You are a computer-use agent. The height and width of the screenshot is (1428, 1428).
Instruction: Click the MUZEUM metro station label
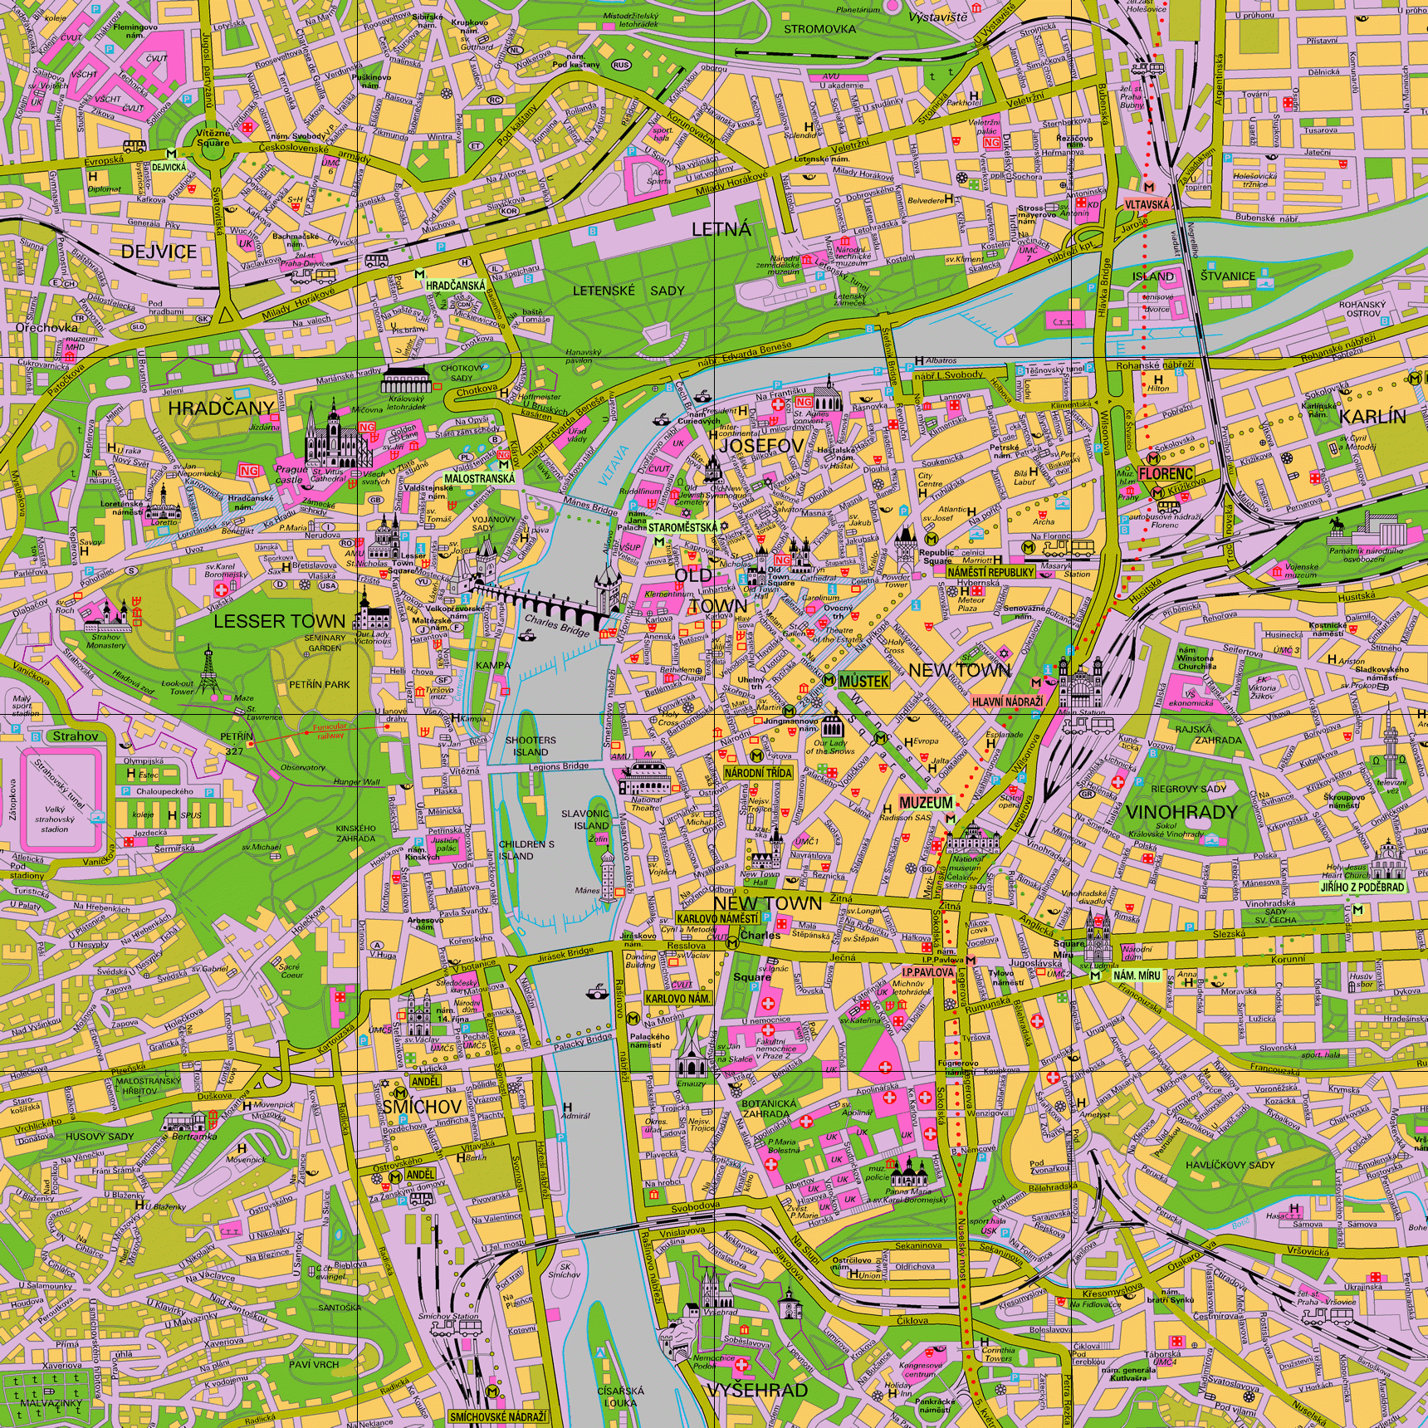(926, 803)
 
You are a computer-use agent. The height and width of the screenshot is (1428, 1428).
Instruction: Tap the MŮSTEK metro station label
(863, 682)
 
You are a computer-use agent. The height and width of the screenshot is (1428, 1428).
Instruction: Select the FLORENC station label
(1166, 473)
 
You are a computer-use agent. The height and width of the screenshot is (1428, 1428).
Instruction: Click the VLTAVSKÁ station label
(1147, 204)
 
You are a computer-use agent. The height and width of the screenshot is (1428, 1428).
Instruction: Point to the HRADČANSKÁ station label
(455, 286)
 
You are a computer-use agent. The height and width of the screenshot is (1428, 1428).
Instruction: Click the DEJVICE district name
(159, 252)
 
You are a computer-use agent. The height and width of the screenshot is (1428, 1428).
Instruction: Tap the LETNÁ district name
(721, 230)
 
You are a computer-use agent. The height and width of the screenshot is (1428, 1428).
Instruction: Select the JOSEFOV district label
(761, 446)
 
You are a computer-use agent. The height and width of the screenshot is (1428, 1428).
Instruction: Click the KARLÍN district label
(1372, 417)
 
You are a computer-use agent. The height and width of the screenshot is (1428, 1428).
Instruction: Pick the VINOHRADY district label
(1181, 812)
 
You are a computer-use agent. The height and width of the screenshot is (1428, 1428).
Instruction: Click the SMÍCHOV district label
(422, 1107)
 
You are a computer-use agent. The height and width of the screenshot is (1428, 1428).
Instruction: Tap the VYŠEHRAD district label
(757, 1391)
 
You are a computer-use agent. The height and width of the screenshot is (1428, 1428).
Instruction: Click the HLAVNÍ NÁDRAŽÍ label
(1007, 702)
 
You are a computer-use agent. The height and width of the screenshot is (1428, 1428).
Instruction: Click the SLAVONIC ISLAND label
(585, 819)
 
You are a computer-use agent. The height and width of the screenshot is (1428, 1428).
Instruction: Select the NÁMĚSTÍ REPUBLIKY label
(990, 572)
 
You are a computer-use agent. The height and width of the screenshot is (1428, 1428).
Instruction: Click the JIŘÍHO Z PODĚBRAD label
(1362, 888)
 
